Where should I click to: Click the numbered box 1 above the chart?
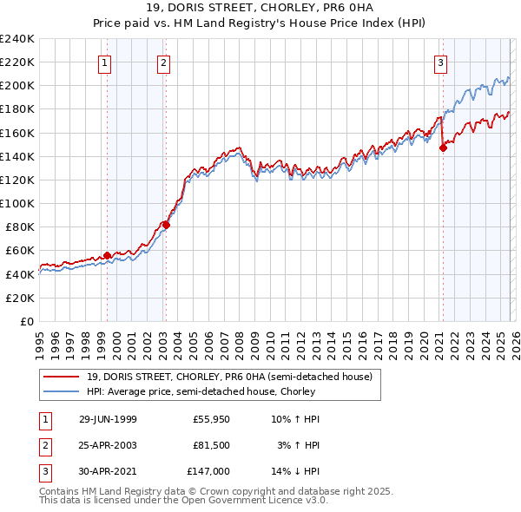[x=104, y=62]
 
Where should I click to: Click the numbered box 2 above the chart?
[x=163, y=62]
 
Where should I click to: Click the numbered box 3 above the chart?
[x=441, y=62]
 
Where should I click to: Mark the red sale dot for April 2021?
[x=443, y=148]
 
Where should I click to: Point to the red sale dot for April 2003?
[x=166, y=225]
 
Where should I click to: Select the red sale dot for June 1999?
[x=108, y=255]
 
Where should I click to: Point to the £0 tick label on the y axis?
[x=27, y=321]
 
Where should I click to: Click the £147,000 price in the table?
[x=208, y=471]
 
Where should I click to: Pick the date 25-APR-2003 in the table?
[x=108, y=445]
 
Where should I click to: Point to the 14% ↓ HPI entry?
[x=296, y=471]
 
